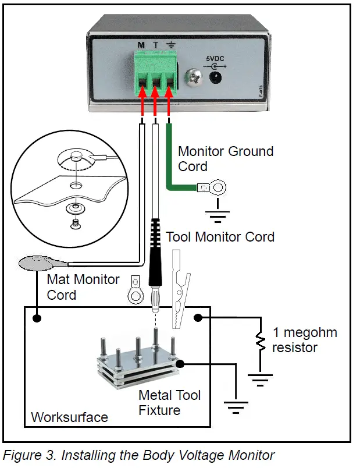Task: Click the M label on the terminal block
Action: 141,45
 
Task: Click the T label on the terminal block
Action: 156,45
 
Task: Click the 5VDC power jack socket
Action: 216,78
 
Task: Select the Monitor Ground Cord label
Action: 225,158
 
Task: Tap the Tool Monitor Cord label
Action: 220,237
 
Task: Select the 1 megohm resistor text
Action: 305,341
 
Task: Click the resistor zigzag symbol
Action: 259,343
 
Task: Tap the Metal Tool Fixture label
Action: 169,403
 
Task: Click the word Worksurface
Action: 69,417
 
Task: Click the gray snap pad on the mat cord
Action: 35,264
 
